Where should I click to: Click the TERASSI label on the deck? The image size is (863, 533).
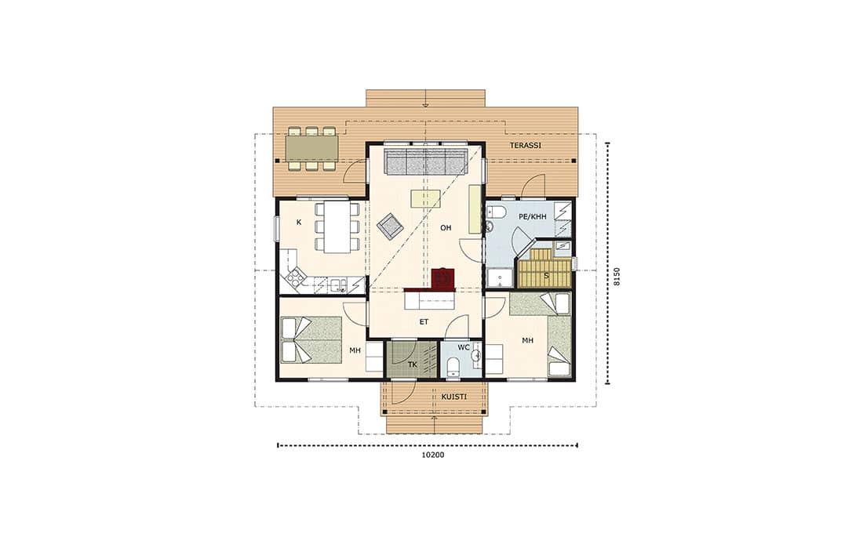pos(525,146)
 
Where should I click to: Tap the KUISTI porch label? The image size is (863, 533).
pos(454,397)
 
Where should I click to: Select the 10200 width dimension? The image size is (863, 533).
pos(432,455)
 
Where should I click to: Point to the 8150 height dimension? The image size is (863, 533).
pos(617,276)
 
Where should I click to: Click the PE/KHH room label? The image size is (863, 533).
pos(533,217)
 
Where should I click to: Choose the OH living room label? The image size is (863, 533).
pos(446,228)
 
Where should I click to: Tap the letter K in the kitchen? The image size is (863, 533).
pos(299,223)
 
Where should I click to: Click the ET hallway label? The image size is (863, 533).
pos(424,322)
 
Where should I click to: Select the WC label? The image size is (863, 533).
pos(464,348)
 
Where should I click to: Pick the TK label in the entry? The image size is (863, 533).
pos(412,364)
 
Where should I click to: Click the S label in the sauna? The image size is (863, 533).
pos(547,276)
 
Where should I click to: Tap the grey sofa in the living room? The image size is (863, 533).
pos(425,161)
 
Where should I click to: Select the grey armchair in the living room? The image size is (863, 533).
pos(390,226)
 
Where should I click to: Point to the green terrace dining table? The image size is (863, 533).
pos(311,148)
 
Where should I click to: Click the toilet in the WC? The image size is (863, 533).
pos(453,366)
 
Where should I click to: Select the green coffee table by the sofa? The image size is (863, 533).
pos(427,198)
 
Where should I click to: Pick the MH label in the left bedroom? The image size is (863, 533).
pos(355,350)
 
